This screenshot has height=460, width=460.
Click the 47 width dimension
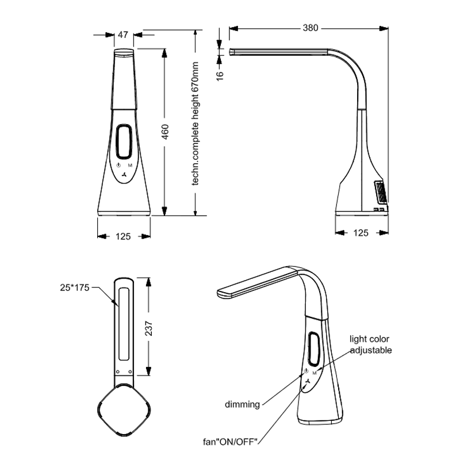click(x=123, y=34)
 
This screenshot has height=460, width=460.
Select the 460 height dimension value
click(x=165, y=132)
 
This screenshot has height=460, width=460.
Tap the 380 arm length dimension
click(x=310, y=28)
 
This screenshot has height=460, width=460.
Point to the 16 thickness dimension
click(x=220, y=75)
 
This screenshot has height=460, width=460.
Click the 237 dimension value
click(x=149, y=328)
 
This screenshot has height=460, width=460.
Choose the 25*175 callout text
click(x=75, y=287)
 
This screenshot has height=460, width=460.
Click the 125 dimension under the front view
click(x=123, y=236)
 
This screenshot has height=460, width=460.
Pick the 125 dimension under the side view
click(x=361, y=233)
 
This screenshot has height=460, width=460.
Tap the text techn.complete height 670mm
click(x=195, y=124)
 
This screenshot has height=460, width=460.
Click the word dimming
click(x=242, y=404)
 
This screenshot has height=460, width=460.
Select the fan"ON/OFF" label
click(x=231, y=441)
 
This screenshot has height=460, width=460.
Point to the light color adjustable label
click(x=370, y=344)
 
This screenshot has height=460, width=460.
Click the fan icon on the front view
click(x=124, y=175)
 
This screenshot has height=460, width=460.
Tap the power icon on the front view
click(x=118, y=165)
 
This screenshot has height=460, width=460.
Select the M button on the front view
click(x=130, y=165)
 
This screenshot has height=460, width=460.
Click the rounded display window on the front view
click(x=124, y=141)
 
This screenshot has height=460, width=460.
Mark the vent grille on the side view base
click(x=381, y=192)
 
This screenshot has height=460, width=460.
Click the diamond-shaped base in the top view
click(x=124, y=410)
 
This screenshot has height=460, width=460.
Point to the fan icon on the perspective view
click(x=308, y=382)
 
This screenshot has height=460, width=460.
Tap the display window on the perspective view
click(x=314, y=348)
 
